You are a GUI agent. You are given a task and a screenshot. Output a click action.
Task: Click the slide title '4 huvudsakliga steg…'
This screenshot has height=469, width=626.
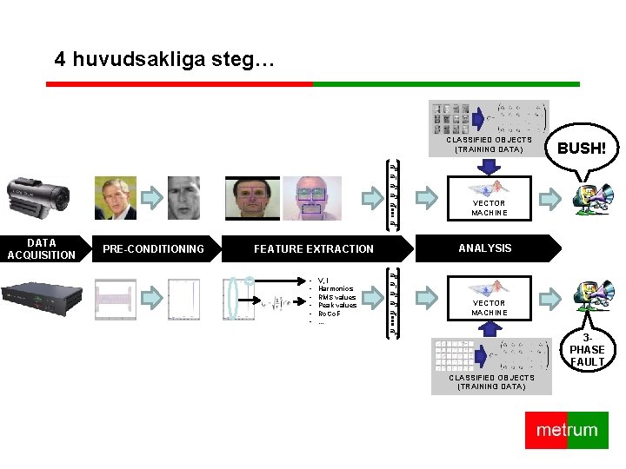tap(164, 60)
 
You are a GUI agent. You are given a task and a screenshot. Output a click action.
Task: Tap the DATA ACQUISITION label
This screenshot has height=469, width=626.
tap(41, 249)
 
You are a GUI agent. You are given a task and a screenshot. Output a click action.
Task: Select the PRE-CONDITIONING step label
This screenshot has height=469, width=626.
tap(153, 249)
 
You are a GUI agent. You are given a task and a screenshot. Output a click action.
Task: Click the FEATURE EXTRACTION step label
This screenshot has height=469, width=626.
tap(314, 249)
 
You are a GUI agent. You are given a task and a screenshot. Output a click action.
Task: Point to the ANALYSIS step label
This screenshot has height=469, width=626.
tap(485, 248)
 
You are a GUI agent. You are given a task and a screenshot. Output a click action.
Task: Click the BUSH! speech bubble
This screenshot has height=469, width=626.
tap(582, 148)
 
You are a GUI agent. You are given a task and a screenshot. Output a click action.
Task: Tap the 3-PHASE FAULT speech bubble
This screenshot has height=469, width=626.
tap(588, 349)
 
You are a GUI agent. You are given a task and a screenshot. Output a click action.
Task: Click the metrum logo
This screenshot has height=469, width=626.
tap(567, 431)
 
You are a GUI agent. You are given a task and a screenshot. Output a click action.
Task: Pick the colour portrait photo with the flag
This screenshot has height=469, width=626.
tap(115, 198)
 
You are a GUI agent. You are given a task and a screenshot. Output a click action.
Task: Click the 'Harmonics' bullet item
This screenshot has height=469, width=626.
tap(336, 289)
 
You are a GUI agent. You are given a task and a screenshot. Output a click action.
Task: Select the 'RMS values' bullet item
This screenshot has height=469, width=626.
tap(337, 297)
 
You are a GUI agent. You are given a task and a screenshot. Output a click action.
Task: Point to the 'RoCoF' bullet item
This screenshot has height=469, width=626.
tap(331, 314)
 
